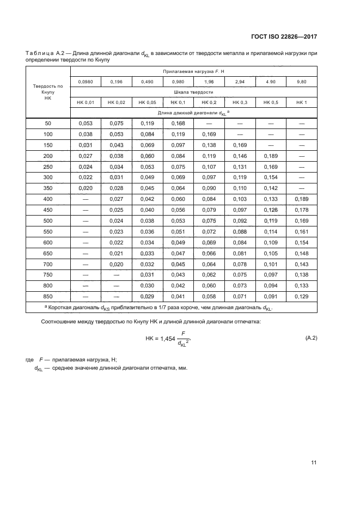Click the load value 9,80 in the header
point(301,82)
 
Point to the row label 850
point(48,297)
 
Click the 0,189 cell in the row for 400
point(301,199)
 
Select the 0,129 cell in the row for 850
point(301,297)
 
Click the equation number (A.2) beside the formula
point(308,339)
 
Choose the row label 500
point(48,221)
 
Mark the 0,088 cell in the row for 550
point(240,232)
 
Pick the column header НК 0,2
point(209,103)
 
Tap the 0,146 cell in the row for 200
point(240,156)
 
